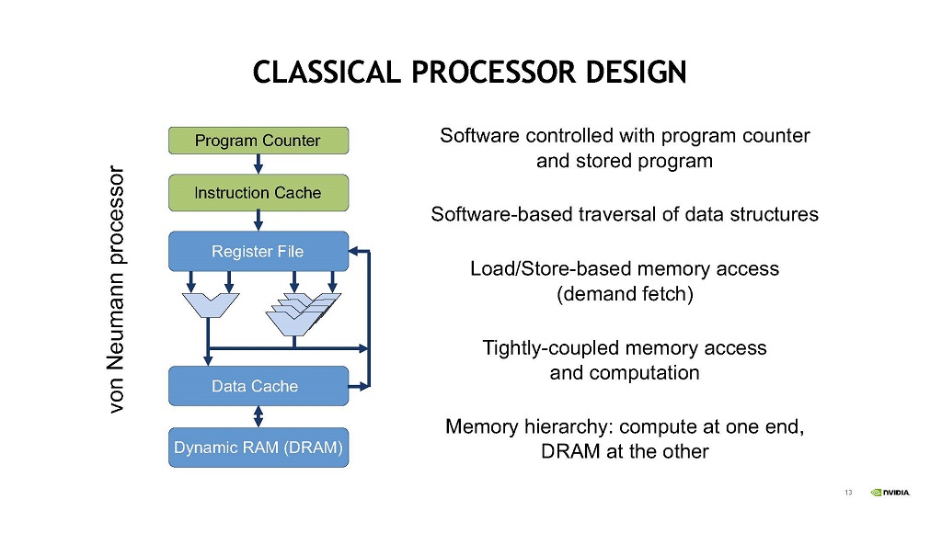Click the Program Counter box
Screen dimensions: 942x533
258,141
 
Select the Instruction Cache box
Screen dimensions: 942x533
258,193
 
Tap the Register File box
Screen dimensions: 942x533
258,251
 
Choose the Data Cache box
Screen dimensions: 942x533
258,386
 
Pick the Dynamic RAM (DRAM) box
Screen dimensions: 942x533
258,448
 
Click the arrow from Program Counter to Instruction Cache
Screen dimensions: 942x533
258,164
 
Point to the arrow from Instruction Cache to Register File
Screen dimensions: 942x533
258,221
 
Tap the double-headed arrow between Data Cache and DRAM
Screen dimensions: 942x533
258,416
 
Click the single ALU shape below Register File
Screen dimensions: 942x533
211,304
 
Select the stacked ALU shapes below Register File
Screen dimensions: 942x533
303,313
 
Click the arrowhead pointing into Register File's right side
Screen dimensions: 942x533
353,251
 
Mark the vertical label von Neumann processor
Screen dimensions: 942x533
115,289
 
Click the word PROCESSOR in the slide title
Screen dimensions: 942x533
493,72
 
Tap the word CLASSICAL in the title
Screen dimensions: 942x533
327,72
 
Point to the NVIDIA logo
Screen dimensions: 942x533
890,493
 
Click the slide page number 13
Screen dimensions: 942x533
848,493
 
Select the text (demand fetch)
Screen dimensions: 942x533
625,294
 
